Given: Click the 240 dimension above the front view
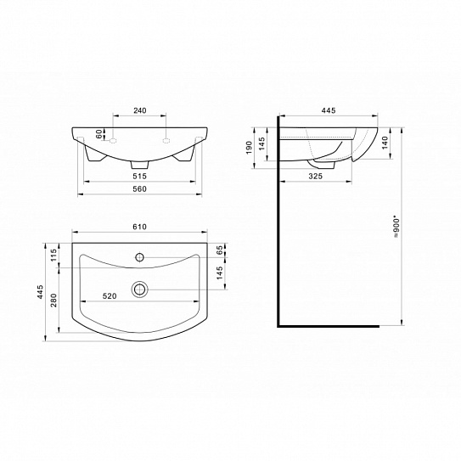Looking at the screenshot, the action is click(x=139, y=110).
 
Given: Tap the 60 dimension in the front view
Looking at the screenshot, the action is click(x=99, y=134).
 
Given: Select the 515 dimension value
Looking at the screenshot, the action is click(x=139, y=176).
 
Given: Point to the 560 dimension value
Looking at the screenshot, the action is click(x=139, y=188).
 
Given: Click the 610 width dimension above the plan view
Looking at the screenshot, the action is click(x=139, y=227).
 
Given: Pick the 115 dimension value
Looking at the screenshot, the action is click(x=53, y=255).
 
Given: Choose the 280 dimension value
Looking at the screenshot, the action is click(x=53, y=301).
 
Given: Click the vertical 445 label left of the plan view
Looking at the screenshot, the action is click(x=40, y=291).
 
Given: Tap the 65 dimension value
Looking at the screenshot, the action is click(x=219, y=250).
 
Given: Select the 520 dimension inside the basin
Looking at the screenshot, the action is click(x=110, y=296).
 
